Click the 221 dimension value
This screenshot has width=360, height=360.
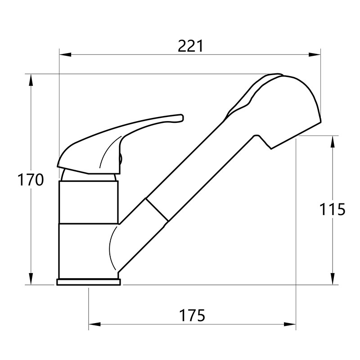pyautogui.click(x=190, y=46)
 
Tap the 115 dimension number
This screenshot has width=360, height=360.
pyautogui.click(x=332, y=209)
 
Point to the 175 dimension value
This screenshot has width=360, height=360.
pyautogui.click(x=192, y=315)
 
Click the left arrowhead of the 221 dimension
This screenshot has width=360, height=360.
pyautogui.click(x=65, y=55)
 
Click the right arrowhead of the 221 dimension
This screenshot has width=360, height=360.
pyautogui.click(x=315, y=55)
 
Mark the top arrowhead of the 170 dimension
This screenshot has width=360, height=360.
pyautogui.click(x=31, y=80)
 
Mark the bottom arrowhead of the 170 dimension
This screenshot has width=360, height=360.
pyautogui.click(x=31, y=279)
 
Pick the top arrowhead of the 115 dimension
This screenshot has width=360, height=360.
pyautogui.click(x=332, y=142)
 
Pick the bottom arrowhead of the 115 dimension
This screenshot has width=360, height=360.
pyautogui.click(x=332, y=279)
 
